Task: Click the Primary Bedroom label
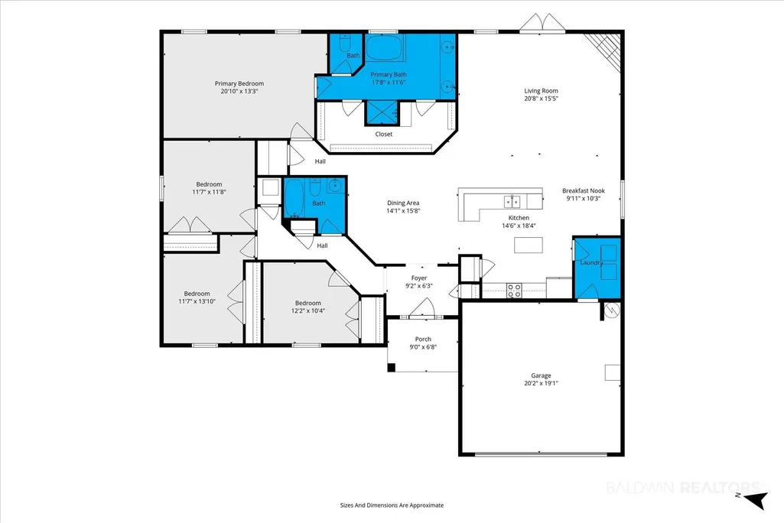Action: [x=239, y=83]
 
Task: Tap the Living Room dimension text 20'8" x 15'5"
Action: [x=541, y=99]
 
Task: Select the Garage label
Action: [x=541, y=375]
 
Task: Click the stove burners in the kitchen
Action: [x=515, y=291]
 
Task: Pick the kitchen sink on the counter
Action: [x=512, y=201]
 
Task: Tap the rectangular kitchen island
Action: [x=529, y=245]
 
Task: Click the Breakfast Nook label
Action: [x=584, y=190]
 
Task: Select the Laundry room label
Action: [x=591, y=262]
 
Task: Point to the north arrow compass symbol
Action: [x=755, y=499]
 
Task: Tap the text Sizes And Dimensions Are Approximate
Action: [x=392, y=505]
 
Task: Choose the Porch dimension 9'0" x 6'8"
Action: [x=423, y=346]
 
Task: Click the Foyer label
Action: [x=419, y=278]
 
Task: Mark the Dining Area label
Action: [x=403, y=203]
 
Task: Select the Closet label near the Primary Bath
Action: [x=384, y=134]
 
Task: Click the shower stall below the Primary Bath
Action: [x=382, y=112]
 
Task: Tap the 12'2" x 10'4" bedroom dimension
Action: [x=308, y=310]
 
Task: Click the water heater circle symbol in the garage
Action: [x=611, y=310]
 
